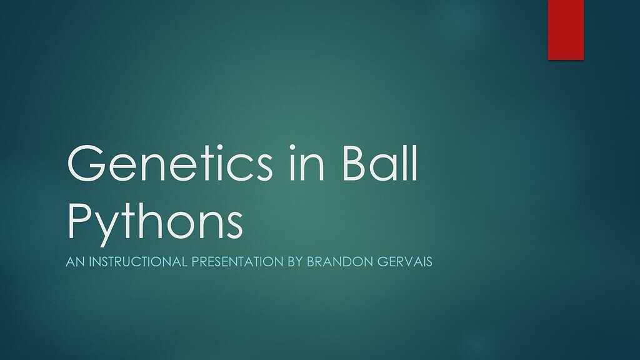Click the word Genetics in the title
tap(169, 162)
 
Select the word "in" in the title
tap(307, 162)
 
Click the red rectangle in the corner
tap(566, 30)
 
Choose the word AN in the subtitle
tap(75, 262)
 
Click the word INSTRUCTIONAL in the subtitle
tap(138, 262)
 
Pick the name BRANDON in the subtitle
tap(340, 262)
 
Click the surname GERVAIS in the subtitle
tap(404, 262)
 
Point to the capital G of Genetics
tap(86, 163)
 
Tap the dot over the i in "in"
tap(292, 147)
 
